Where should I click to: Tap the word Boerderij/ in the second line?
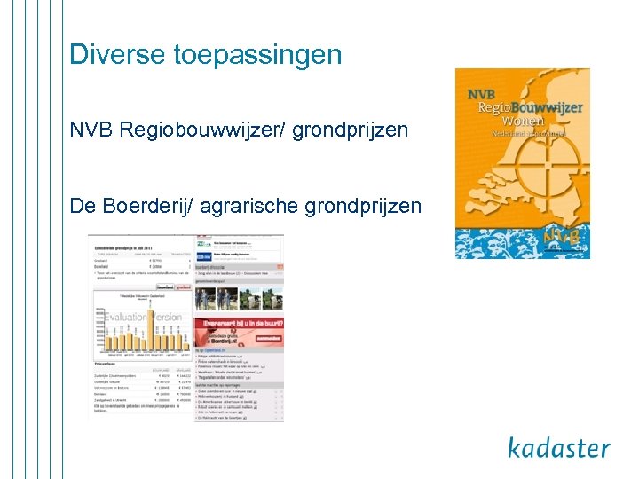coord(144,206)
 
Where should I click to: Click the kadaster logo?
coord(559,447)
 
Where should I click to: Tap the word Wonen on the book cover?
coord(524,121)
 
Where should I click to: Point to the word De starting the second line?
coord(81,206)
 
